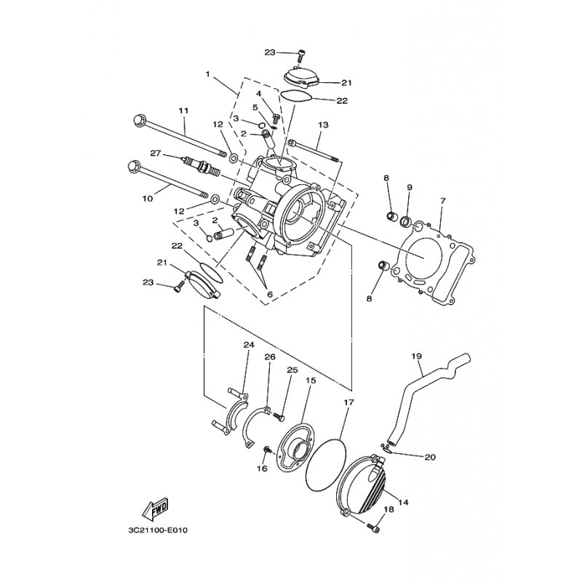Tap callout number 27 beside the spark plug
coord(155,153)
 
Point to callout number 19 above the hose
coord(416,356)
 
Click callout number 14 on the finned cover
coord(404,502)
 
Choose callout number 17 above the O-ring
coord(348,402)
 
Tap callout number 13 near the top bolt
coord(323,125)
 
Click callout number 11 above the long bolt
coord(183,110)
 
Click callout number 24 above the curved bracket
coord(248,345)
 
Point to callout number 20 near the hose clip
coord(429,457)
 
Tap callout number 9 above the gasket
coord(410,187)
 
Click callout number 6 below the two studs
coord(270,294)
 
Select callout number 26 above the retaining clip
coord(269,357)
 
